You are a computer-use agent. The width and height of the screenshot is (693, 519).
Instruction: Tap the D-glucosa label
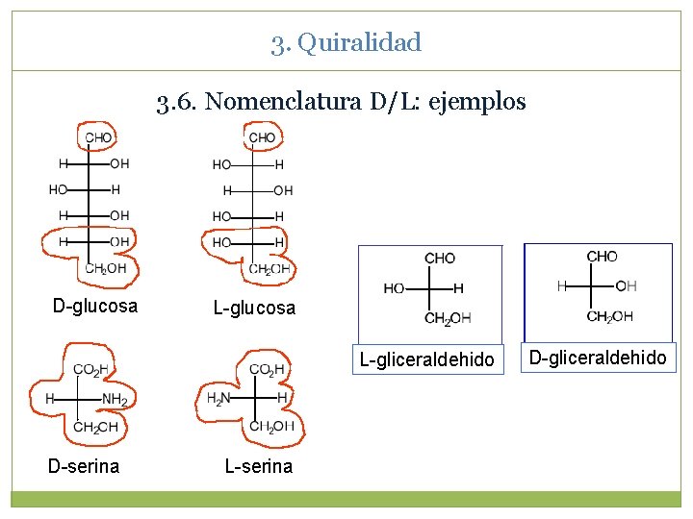click(95, 307)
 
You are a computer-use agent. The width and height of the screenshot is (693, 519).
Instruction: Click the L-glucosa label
click(254, 308)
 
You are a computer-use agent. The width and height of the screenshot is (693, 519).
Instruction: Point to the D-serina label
click(84, 466)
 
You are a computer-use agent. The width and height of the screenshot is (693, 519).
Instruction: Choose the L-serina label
click(258, 466)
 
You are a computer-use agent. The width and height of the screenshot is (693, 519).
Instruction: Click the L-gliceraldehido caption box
click(426, 359)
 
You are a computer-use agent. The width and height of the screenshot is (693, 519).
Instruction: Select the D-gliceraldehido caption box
click(598, 358)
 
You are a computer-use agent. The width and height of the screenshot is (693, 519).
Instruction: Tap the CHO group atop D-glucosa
click(98, 137)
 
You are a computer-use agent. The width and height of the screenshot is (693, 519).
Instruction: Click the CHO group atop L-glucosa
click(262, 137)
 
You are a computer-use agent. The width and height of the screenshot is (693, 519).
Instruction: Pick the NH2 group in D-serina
click(115, 399)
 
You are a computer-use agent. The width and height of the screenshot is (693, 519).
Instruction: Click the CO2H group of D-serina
click(90, 370)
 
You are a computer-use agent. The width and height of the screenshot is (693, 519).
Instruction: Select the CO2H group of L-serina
click(267, 370)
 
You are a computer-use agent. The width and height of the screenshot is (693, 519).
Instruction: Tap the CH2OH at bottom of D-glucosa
click(106, 269)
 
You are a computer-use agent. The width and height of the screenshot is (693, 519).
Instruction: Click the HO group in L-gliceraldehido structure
click(394, 288)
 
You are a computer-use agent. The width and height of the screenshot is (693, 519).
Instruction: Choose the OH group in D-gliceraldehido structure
click(626, 285)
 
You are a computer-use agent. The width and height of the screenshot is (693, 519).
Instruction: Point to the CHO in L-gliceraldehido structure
click(440, 258)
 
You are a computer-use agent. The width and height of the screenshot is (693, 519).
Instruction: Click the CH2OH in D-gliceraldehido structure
click(610, 316)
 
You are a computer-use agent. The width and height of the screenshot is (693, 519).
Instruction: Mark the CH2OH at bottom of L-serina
click(271, 427)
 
